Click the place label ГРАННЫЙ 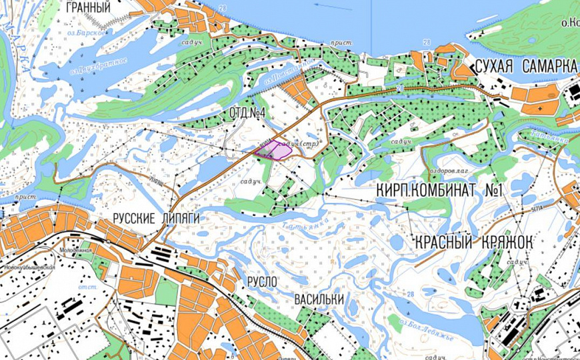[89, 8]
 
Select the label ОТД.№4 [247, 113]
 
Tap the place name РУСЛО [261, 282]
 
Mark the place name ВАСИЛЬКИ [319, 300]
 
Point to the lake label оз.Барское [86, 31]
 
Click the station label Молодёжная [75, 250]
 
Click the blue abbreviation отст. [88, 287]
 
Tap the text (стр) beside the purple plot [310, 143]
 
